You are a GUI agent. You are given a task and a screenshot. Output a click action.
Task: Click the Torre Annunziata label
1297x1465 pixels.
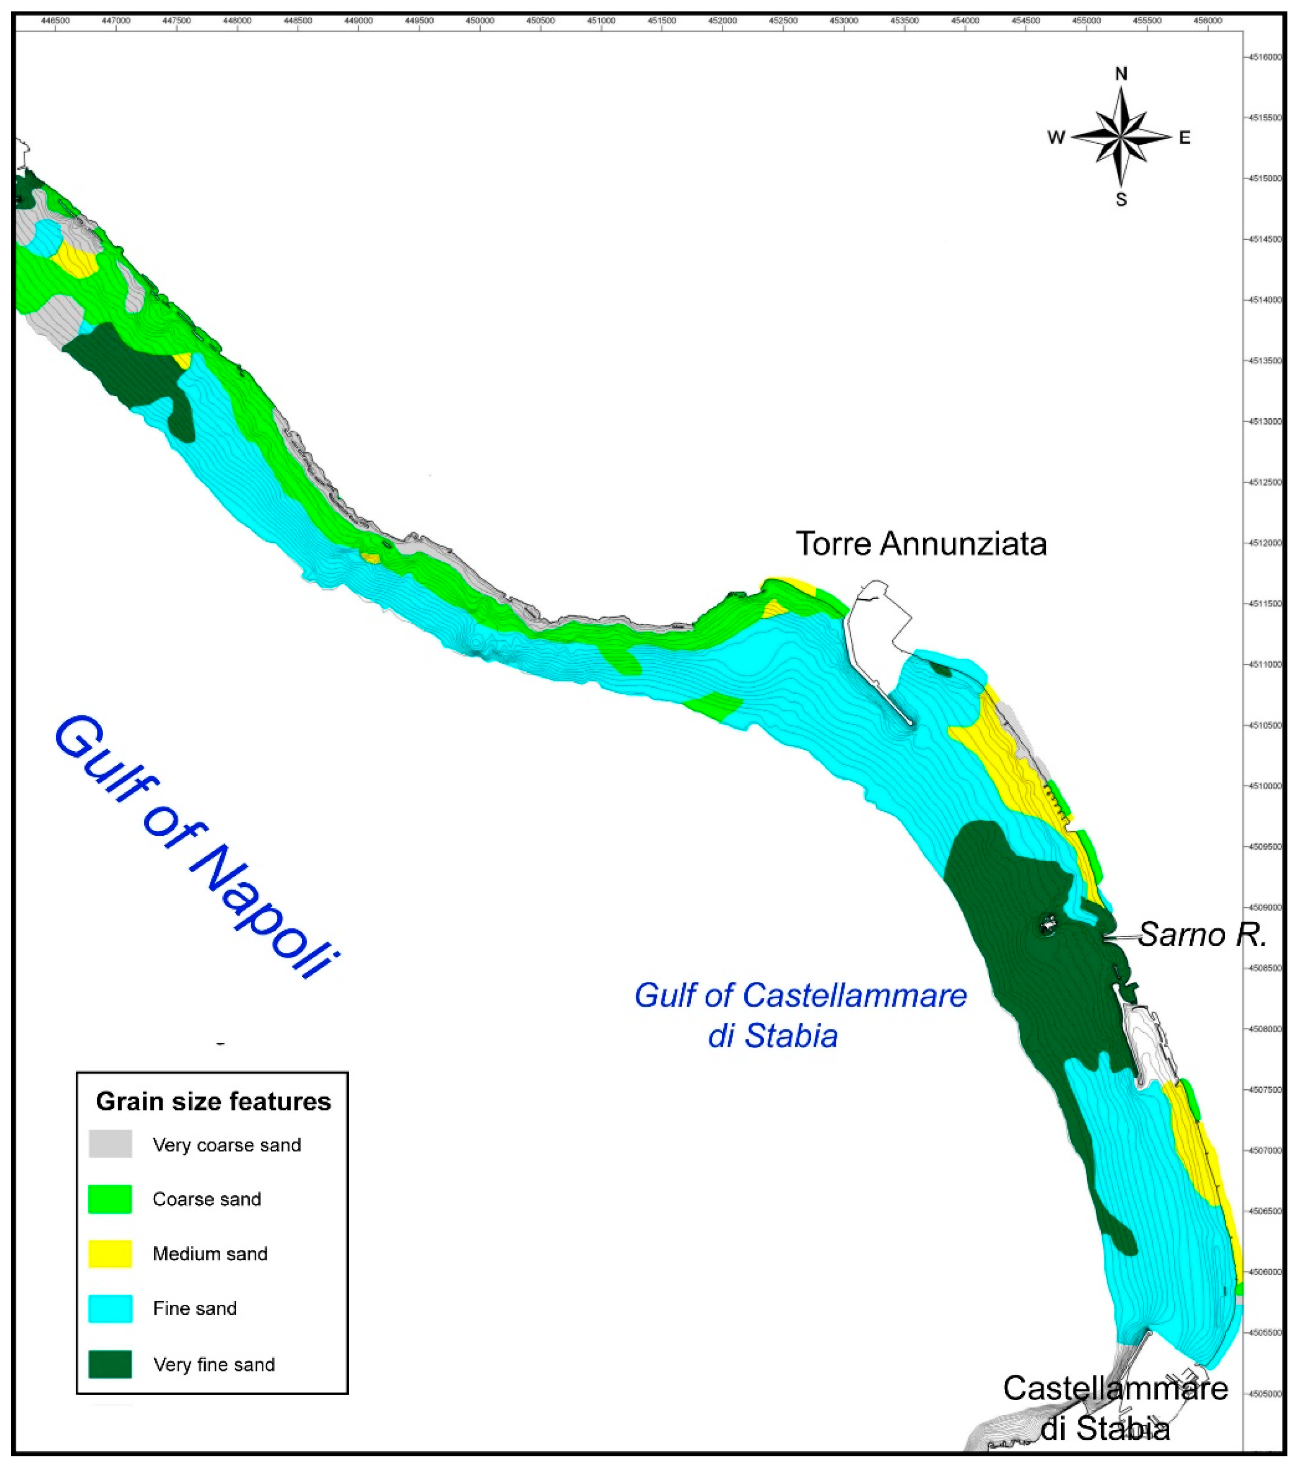(x=921, y=545)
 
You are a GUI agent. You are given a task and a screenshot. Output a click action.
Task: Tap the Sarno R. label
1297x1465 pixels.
(x=1202, y=935)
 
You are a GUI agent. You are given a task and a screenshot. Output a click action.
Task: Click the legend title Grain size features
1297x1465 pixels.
(x=214, y=1101)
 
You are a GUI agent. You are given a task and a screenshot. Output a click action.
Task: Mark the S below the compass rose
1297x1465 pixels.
(x=1121, y=200)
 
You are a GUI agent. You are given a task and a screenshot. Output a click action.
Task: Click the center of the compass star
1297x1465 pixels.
(x=1121, y=136)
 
